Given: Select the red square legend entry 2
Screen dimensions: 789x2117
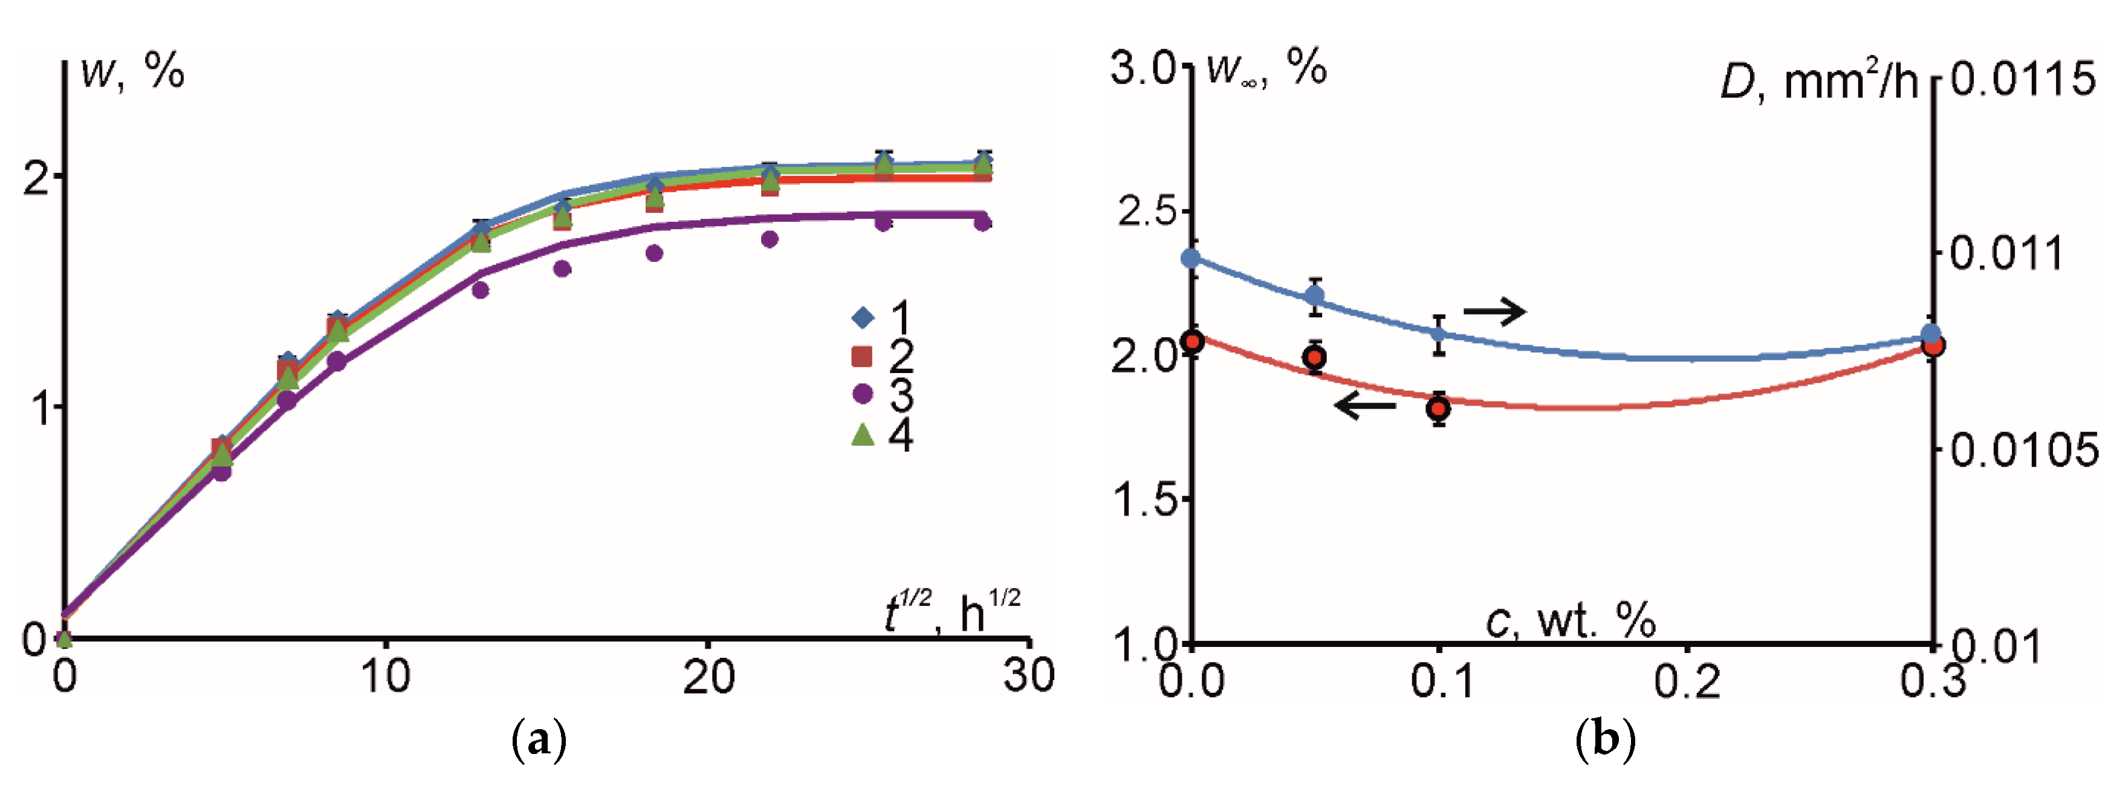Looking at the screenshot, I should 861,356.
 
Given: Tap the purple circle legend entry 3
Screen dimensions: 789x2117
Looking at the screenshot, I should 862,394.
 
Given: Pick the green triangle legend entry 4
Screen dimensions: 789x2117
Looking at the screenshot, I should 862,434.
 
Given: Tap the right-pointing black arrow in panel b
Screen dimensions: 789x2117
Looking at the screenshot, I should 1494,311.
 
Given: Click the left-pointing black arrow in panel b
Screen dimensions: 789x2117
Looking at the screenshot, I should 1365,404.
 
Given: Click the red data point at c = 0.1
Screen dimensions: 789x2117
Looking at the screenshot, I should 1438,409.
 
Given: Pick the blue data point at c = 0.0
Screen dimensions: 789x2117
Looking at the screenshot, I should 1191,258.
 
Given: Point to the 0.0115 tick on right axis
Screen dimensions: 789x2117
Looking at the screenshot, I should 2023,80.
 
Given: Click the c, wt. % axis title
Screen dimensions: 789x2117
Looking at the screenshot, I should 1571,620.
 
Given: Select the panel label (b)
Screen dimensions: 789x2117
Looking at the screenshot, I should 1605,739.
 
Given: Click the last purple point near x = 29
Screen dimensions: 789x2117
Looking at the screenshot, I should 983,222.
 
